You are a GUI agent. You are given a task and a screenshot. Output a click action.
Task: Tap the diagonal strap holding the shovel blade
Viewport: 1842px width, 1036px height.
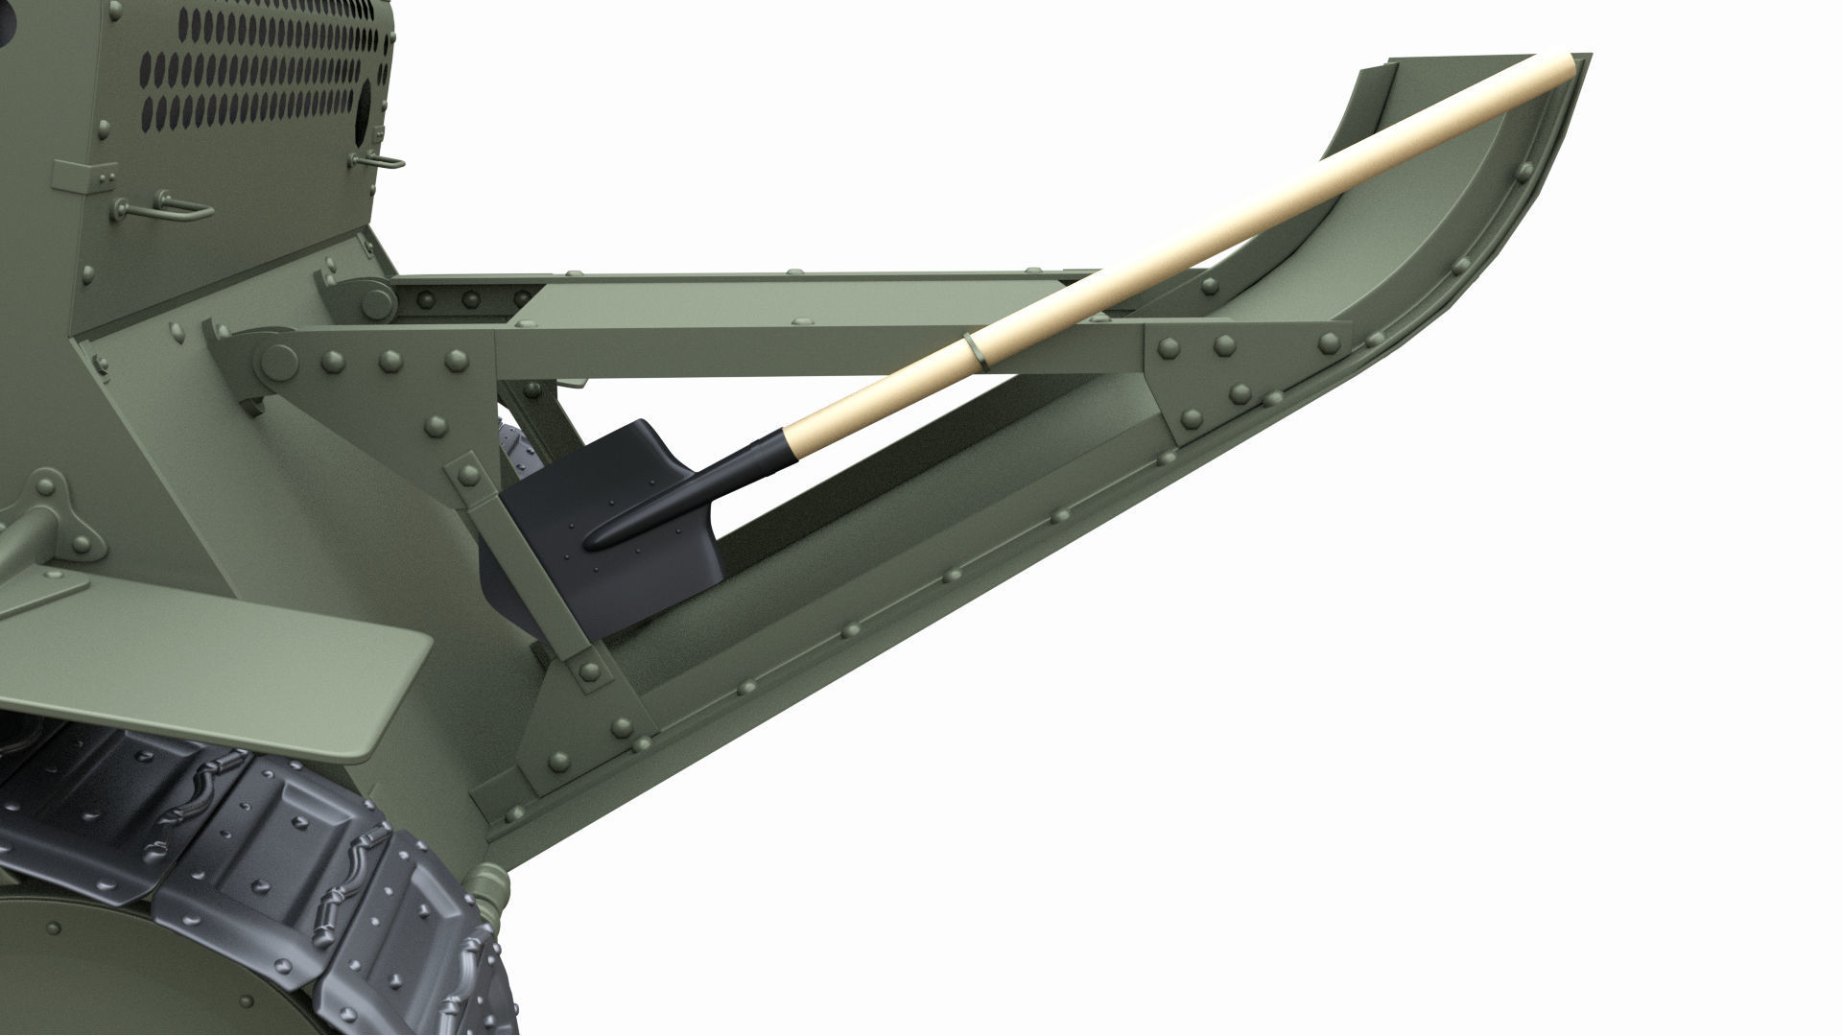(x=537, y=576)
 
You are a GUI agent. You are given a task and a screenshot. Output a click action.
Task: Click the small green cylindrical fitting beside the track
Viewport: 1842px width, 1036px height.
(x=489, y=887)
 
